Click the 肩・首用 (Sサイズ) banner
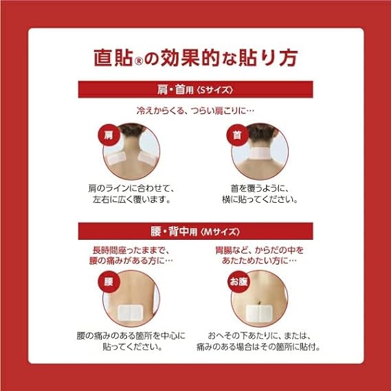coord(195,89)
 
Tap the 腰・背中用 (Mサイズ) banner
coord(195,232)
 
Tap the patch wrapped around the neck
coord(264,158)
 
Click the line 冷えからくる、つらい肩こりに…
coord(195,110)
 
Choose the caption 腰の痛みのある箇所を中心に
coord(132,336)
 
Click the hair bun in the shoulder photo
coord(132,129)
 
